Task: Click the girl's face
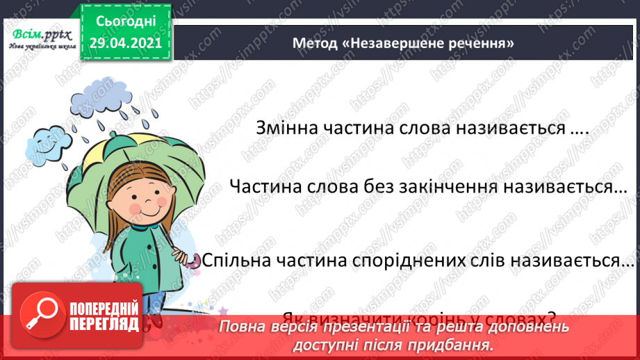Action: [140, 195]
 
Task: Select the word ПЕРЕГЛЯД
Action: [104, 323]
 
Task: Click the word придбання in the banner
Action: [461, 343]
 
